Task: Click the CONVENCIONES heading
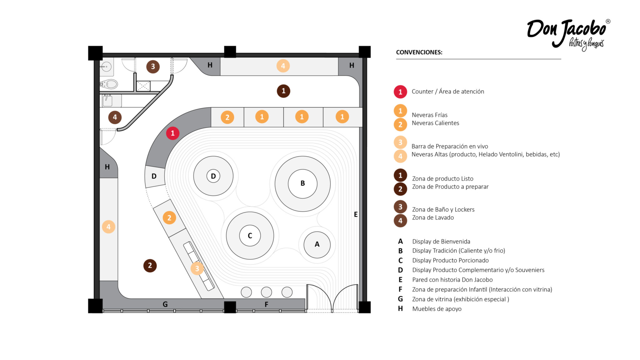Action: pos(419,52)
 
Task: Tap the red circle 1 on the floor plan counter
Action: pos(172,133)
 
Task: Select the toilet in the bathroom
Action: pos(109,84)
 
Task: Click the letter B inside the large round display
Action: pos(302,183)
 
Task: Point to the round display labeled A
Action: pos(317,244)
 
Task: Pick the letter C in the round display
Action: pos(250,236)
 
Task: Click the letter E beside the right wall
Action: pos(356,214)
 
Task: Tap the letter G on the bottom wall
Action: pos(165,304)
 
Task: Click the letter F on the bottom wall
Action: pos(266,304)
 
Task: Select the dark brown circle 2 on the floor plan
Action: pos(150,266)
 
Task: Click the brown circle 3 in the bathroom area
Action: pos(153,67)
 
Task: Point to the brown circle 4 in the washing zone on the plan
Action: pos(115,117)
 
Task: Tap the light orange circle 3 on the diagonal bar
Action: pos(197,268)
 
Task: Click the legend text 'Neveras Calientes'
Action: pos(435,123)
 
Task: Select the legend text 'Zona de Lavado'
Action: pos(433,217)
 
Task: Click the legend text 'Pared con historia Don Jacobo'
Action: pos(452,280)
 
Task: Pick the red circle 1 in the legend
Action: pos(400,92)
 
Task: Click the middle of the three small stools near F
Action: pos(266,292)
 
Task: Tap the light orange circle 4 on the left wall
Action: pos(108,227)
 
